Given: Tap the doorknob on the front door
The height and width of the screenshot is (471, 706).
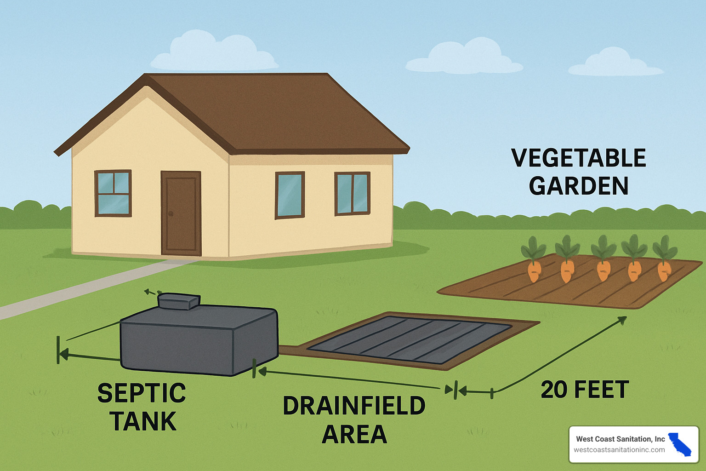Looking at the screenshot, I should [x=171, y=214].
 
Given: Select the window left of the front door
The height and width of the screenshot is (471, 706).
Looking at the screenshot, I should [x=113, y=193].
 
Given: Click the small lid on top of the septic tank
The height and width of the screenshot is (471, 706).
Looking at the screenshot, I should [x=179, y=301].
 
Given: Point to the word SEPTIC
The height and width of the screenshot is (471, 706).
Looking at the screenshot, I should [x=142, y=393].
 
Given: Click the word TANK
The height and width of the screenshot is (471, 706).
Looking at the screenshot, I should [x=143, y=421].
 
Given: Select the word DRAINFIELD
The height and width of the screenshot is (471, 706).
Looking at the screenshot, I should [x=354, y=406].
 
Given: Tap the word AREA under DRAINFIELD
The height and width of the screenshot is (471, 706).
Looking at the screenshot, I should [x=354, y=434].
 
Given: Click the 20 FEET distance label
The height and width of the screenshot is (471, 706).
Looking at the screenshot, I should [x=585, y=390].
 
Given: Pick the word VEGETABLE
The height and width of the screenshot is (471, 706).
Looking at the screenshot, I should [x=579, y=158].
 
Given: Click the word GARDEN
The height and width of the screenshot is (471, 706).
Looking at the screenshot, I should [x=579, y=186].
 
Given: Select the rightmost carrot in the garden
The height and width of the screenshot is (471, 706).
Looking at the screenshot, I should [x=664, y=270].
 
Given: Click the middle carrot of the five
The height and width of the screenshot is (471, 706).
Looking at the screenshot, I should [x=603, y=270].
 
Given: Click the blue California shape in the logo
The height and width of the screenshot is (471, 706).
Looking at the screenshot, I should [x=680, y=444].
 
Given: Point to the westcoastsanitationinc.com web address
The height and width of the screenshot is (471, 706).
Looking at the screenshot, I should [x=619, y=450].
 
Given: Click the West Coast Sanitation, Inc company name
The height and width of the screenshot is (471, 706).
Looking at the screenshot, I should [x=620, y=439].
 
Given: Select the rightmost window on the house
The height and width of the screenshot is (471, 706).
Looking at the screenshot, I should [x=352, y=193].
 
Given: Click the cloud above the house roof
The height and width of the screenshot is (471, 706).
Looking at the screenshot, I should [x=214, y=53].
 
